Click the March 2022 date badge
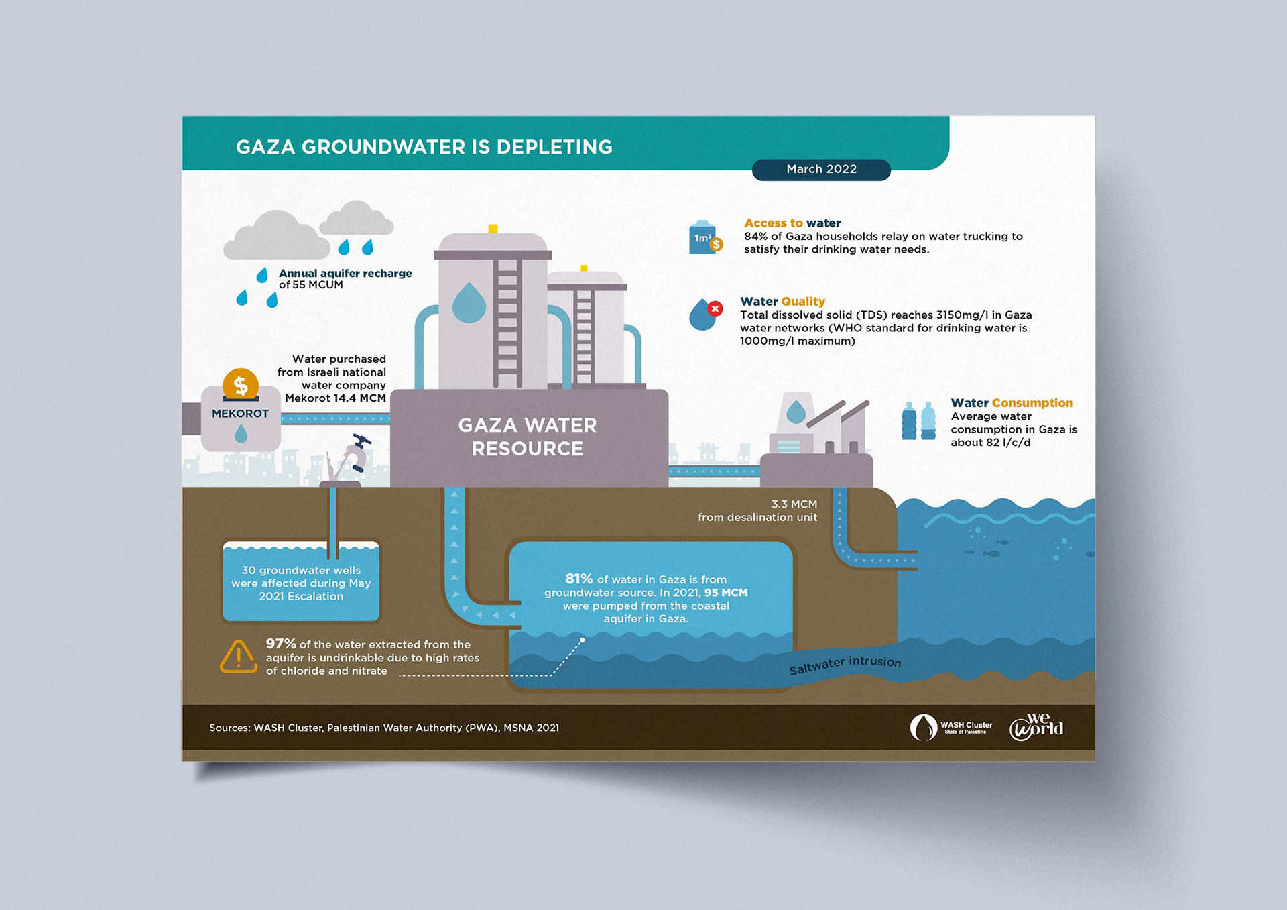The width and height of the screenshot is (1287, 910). pyautogui.click(x=821, y=170)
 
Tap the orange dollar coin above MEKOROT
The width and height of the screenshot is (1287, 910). pyautogui.click(x=241, y=386)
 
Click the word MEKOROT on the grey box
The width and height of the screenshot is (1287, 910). pyautogui.click(x=240, y=414)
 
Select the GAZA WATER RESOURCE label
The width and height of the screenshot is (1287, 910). pyautogui.click(x=528, y=437)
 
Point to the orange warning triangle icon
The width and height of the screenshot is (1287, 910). pyautogui.click(x=238, y=657)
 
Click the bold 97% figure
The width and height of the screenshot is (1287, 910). pyautogui.click(x=281, y=644)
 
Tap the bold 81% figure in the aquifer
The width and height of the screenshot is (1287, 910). pyautogui.click(x=578, y=579)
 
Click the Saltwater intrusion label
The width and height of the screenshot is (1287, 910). pyautogui.click(x=845, y=665)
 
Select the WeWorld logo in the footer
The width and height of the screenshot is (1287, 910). pyautogui.click(x=1036, y=727)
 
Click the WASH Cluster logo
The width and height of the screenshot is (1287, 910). pyautogui.click(x=951, y=727)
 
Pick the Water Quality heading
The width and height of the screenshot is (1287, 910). pyautogui.click(x=782, y=302)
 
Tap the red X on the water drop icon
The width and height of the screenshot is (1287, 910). pyautogui.click(x=715, y=308)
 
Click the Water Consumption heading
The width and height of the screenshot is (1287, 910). pyautogui.click(x=1012, y=403)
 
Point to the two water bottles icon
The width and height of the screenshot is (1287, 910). pyautogui.click(x=918, y=421)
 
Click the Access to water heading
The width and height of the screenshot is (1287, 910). pyautogui.click(x=792, y=223)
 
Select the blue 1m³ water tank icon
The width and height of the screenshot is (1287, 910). pyautogui.click(x=703, y=238)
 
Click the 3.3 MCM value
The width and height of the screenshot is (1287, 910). pyautogui.click(x=794, y=504)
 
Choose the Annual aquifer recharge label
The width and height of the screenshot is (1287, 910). pyautogui.click(x=345, y=274)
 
